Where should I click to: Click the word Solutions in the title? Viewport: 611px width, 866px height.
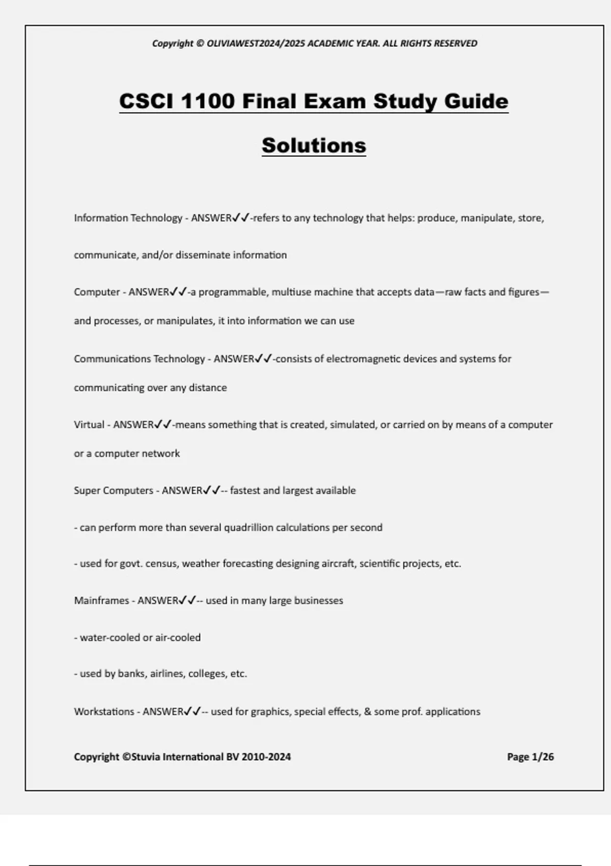coord(314,146)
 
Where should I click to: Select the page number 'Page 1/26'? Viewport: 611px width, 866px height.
coord(530,757)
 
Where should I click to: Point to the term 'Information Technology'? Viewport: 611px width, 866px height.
coord(128,218)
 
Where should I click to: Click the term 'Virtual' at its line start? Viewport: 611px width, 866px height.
coord(89,424)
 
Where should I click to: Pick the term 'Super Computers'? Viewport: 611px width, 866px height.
coord(113,491)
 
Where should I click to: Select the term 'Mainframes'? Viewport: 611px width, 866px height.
coord(101,601)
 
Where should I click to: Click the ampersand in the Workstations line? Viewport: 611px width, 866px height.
coord(367,712)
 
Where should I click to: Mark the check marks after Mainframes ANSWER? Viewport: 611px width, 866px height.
coord(187,600)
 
